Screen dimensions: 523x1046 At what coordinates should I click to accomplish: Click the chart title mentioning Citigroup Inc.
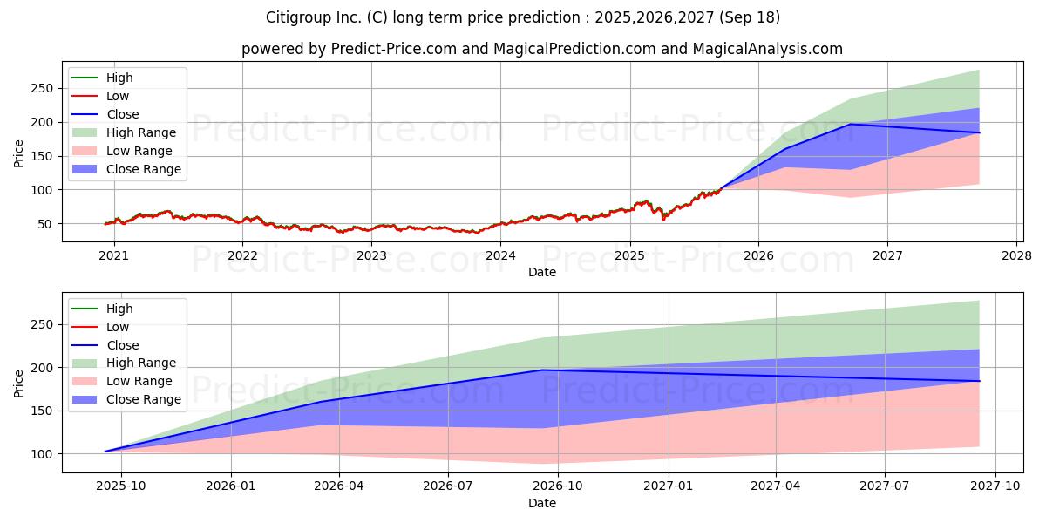[x=523, y=17]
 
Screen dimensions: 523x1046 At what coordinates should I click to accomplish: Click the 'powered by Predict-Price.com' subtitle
[x=541, y=49]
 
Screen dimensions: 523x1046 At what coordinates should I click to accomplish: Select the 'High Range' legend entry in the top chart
[x=146, y=132]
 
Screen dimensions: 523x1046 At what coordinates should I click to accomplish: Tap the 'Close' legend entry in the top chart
[x=122, y=114]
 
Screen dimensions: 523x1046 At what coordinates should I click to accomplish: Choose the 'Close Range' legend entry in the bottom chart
[x=144, y=399]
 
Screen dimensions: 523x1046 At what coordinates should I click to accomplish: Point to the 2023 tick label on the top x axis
[x=371, y=255]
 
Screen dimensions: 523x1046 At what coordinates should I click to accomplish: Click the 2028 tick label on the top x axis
[x=1016, y=255]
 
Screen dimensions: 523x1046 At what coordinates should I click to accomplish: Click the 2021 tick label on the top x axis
[x=113, y=255]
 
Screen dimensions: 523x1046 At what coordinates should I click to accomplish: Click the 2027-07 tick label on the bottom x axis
[x=885, y=486]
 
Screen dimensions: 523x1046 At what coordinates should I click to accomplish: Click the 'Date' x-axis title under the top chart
[x=541, y=272]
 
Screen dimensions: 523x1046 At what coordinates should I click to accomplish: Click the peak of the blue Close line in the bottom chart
[x=542, y=370]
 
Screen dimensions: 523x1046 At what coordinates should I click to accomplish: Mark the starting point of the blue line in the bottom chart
[x=105, y=452]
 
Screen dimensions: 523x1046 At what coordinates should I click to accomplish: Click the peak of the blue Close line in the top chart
[x=850, y=124]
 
